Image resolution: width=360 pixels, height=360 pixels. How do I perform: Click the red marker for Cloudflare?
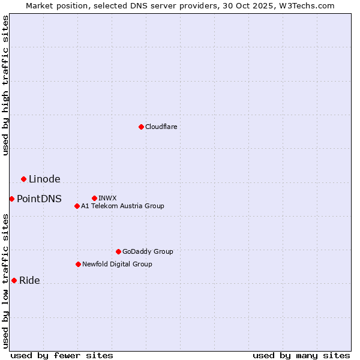pos(141,127)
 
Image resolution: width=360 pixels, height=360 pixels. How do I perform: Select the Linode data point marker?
pos(23,179)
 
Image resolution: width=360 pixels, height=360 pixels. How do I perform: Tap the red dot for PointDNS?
pos(11,199)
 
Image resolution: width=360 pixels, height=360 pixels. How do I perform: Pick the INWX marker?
pos(94,198)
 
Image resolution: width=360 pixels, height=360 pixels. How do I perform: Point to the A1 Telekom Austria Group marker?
pos(77,206)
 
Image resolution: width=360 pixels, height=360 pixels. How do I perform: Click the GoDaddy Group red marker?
pos(118,251)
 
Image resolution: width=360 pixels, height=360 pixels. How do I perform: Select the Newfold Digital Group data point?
pos(78,264)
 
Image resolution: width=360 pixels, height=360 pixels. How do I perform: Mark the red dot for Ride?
pos(14,280)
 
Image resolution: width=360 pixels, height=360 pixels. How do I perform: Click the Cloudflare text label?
pos(161,127)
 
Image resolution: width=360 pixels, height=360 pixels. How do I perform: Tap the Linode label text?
pos(44,179)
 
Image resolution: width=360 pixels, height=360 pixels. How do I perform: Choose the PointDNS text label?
pos(39,199)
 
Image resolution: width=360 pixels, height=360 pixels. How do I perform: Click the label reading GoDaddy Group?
pos(148,251)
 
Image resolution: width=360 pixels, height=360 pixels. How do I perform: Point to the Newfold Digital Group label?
pos(117,264)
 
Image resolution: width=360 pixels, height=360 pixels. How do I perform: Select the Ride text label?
pos(29,280)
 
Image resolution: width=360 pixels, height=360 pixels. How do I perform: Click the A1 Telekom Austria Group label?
pos(122,206)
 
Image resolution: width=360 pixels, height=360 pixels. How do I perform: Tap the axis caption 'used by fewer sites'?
pos(62,355)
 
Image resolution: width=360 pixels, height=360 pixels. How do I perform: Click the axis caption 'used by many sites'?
pos(301,355)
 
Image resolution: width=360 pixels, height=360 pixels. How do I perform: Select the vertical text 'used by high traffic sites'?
pos(5,85)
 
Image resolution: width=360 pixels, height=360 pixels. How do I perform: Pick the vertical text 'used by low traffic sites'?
pos(5,281)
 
